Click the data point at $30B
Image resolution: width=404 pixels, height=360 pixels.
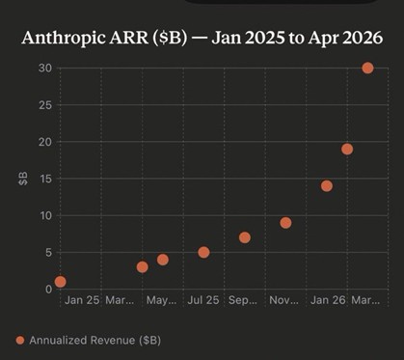(367, 68)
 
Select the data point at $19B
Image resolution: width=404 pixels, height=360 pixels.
(347, 149)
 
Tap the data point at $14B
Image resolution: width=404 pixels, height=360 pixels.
(327, 185)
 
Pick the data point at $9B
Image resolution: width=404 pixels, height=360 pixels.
(285, 223)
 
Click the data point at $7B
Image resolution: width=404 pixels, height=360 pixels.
(245, 237)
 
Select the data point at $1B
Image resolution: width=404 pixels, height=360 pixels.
(61, 282)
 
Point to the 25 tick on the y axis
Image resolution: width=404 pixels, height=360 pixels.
(44, 104)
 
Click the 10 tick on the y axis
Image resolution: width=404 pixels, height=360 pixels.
(44, 215)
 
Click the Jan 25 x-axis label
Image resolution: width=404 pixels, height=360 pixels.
(81, 301)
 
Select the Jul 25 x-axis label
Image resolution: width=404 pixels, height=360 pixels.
(203, 301)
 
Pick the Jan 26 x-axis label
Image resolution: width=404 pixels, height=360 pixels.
(327, 301)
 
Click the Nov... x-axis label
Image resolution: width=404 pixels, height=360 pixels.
(285, 301)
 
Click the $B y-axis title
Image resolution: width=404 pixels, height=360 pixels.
(22, 179)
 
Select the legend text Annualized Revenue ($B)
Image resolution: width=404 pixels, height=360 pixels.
(94, 340)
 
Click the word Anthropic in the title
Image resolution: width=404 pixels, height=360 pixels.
(70, 38)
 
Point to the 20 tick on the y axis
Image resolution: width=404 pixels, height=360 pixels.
(44, 141)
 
